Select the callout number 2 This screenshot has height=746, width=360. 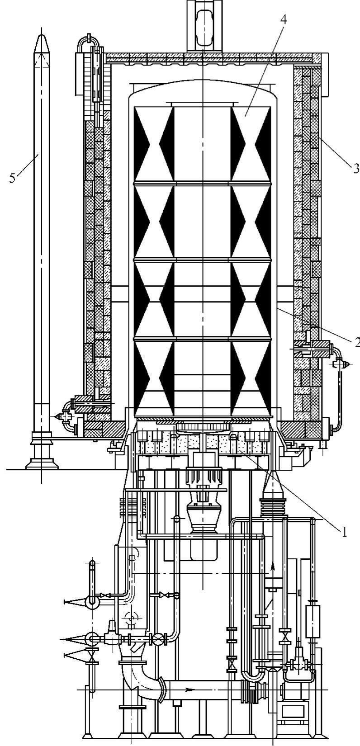tap(356, 342)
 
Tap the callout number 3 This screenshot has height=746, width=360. tap(355, 169)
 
